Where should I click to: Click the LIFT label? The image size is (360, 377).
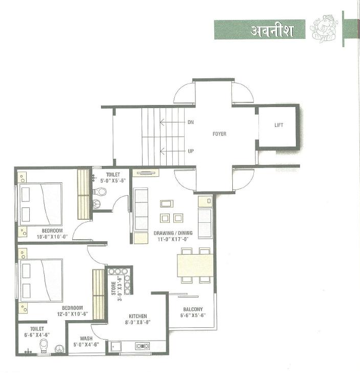tap(278, 125)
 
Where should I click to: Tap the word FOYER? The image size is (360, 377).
tap(219, 134)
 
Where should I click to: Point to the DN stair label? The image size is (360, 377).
tap(191, 122)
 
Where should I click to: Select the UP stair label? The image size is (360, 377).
tap(191, 151)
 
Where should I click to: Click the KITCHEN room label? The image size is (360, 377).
tap(137, 316)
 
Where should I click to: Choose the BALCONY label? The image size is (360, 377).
tap(193, 309)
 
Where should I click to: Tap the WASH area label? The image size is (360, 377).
tap(86, 339)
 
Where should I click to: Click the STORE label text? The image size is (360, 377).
tap(113, 288)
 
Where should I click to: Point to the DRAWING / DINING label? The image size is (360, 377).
tap(173, 233)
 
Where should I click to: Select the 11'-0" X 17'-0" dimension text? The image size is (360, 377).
tap(173, 239)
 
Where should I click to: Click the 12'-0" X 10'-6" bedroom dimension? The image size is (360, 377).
tap(72, 314)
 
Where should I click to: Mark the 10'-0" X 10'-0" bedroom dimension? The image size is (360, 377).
tap(52, 237)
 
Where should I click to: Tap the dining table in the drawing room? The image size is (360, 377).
tap(195, 265)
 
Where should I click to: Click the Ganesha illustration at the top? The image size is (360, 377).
tap(324, 29)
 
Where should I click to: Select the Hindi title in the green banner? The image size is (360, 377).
tap(272, 31)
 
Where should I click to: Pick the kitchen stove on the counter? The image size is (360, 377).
tap(142, 346)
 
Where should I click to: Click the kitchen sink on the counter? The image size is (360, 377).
tap(116, 347)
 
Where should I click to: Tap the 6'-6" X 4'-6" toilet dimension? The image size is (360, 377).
tap(37, 335)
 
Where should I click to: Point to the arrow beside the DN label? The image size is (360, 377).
tap(172, 122)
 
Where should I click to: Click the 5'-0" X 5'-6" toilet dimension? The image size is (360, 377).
tap(113, 181)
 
